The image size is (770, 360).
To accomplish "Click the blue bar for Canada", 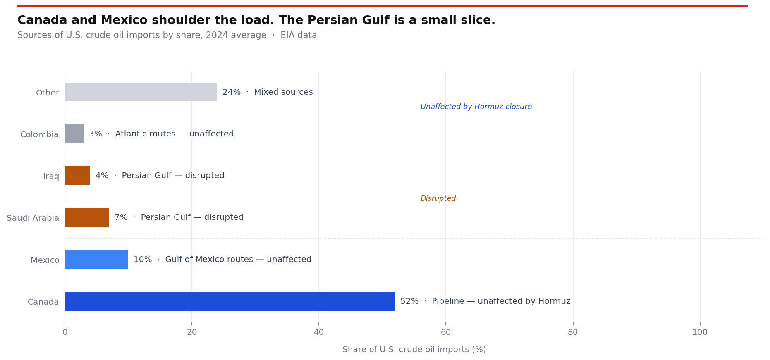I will click(x=230, y=301).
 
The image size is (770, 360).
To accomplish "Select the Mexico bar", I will click(x=96, y=260).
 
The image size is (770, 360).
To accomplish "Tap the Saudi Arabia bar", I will click(x=87, y=217).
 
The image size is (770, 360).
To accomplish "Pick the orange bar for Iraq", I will click(x=77, y=176).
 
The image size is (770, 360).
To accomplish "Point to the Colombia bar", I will click(x=74, y=134).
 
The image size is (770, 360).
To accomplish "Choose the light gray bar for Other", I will click(x=141, y=92).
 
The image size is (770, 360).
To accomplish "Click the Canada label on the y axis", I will click(x=43, y=302).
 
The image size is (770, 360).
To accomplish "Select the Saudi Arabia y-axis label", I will click(x=33, y=218).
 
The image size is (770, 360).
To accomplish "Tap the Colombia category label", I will click(x=40, y=135).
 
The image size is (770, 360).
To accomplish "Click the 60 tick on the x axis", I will click(x=446, y=332).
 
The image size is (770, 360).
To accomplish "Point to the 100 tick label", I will click(x=700, y=332).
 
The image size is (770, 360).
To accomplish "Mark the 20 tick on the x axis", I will click(x=192, y=332).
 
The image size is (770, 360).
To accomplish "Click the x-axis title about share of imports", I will click(x=414, y=350).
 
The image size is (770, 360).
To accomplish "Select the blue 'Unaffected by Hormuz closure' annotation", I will click(x=476, y=107).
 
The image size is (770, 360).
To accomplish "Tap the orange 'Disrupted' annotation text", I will click(x=438, y=199).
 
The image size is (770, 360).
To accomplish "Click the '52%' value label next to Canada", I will click(x=409, y=301).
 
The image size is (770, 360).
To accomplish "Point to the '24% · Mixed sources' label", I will click(x=268, y=92).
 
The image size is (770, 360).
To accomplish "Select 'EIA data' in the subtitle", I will click(x=299, y=36).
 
